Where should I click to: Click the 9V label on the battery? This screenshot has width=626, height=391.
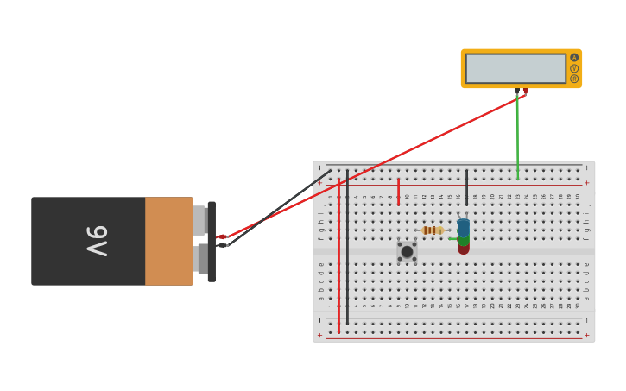point(96,241)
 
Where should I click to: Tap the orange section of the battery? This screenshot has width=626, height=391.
point(168,241)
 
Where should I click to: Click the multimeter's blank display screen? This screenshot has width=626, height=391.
point(515,68)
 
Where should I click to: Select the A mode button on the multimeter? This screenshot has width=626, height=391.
point(574,58)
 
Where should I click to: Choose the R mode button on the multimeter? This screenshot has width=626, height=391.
point(574,79)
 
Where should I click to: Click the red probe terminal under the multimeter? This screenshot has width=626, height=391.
point(525,91)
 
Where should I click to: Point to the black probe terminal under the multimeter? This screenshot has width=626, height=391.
point(517,91)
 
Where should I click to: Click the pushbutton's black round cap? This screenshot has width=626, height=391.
point(407,251)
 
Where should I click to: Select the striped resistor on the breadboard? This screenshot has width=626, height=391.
point(432,230)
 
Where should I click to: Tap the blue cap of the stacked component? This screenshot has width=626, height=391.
point(464,227)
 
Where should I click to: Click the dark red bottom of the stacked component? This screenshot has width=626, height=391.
point(464,248)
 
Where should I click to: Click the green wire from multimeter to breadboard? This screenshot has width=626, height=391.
point(517,138)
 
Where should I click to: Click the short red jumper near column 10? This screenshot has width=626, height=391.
point(398,191)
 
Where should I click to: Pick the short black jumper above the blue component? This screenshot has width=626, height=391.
point(466,186)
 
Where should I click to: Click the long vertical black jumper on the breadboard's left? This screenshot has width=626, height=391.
point(347,246)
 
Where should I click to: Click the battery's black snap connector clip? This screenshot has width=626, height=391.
point(212,241)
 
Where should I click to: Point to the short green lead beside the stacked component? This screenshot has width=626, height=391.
point(452,238)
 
